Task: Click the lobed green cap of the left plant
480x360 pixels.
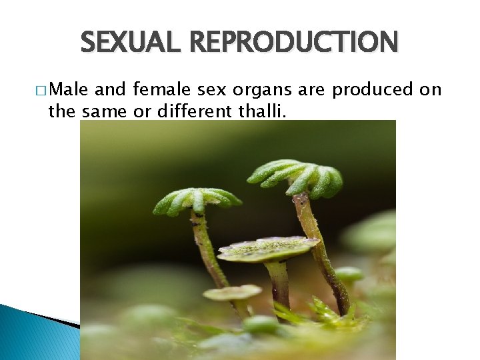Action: [x=197, y=199]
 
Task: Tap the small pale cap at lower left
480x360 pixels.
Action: [x=232, y=292]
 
